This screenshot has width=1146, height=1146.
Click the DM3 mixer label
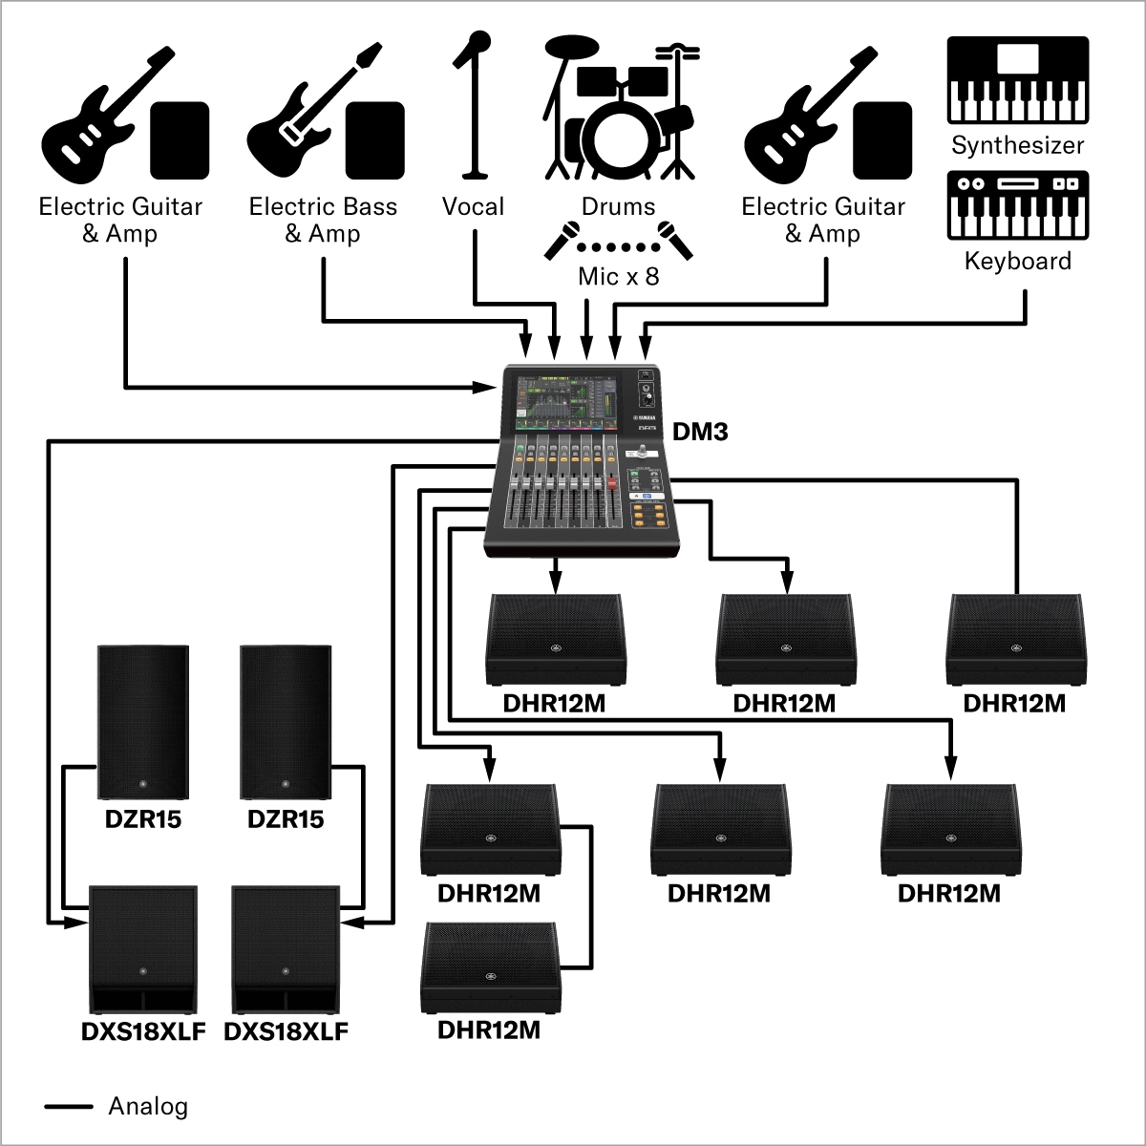point(700,432)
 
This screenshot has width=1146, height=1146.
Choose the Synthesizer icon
point(1018,80)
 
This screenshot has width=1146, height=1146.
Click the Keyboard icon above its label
point(1018,205)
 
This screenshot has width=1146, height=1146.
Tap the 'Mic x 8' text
point(619,277)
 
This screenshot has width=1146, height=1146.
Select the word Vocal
point(473,206)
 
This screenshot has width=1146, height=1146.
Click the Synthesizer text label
point(1018,145)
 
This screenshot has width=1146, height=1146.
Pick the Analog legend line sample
point(69,1107)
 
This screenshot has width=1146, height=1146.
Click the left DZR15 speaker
point(143,722)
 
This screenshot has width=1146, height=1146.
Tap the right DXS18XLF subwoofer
point(286,949)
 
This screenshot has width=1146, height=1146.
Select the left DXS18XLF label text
point(143,1031)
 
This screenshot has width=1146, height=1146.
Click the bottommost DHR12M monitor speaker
point(490,967)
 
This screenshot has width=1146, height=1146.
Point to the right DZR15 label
point(286,819)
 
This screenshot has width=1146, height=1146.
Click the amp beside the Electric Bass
point(375,140)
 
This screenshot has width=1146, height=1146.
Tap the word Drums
point(619,206)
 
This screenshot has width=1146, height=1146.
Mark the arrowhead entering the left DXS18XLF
point(76,923)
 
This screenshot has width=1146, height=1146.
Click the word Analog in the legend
point(148,1107)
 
